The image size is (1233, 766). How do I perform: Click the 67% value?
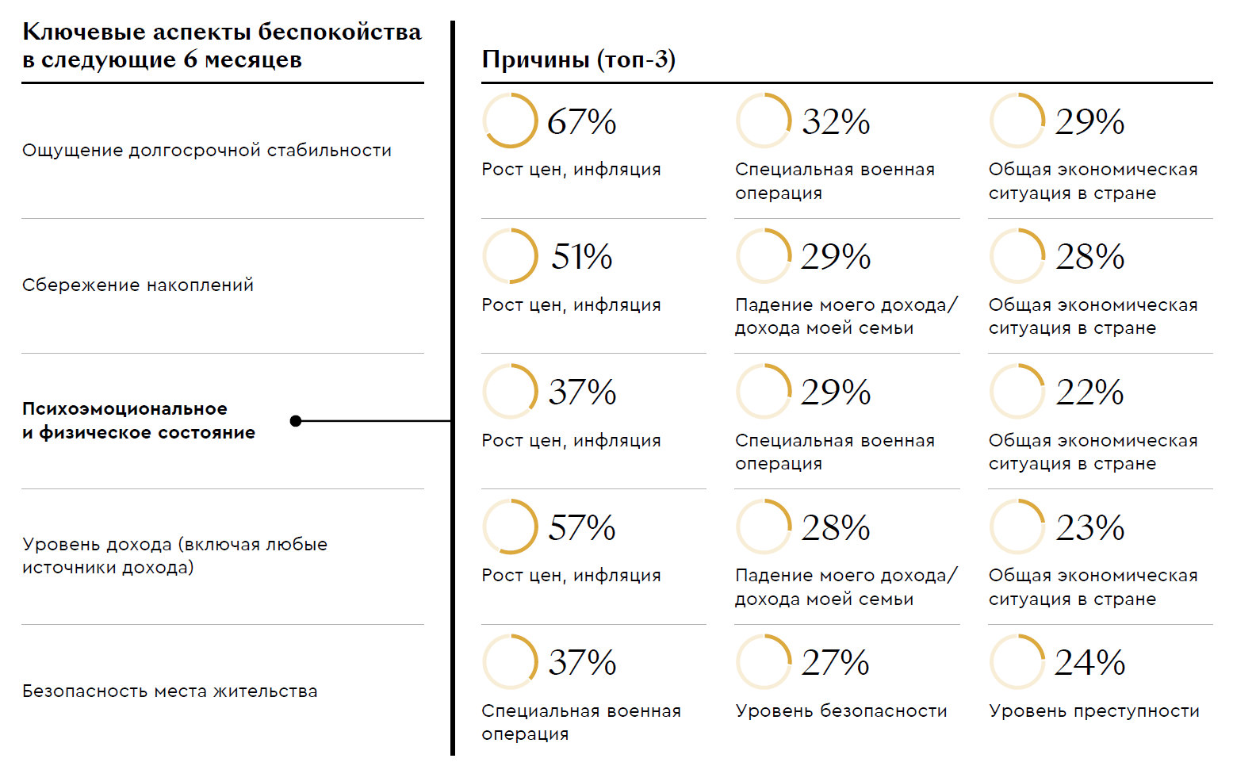tap(581, 122)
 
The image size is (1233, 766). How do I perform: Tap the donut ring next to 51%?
tap(510, 256)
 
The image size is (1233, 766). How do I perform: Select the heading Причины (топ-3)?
tap(578, 59)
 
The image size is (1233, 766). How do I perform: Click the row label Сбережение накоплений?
tap(138, 285)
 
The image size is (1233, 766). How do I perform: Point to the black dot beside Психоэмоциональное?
tap(296, 421)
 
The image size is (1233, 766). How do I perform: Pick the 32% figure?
tap(836, 122)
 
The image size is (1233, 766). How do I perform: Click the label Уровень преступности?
tap(1093, 711)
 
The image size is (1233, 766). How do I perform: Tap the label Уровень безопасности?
tap(841, 711)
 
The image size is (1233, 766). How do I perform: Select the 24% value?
tap(1089, 663)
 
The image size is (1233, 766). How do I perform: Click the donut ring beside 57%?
tap(510, 527)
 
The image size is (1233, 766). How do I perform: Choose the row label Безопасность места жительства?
tap(170, 691)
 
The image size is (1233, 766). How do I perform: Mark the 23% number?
tap(1089, 528)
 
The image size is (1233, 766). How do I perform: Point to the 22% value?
tap(1089, 393)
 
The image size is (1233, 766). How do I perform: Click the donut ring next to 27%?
tap(764, 661)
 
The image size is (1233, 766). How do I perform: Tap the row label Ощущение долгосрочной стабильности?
tap(206, 150)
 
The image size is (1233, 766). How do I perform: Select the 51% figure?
tap(581, 257)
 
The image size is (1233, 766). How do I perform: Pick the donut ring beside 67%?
tap(510, 121)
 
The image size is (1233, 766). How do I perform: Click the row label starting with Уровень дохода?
tap(174, 556)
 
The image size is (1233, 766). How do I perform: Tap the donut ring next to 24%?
tap(1017, 661)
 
